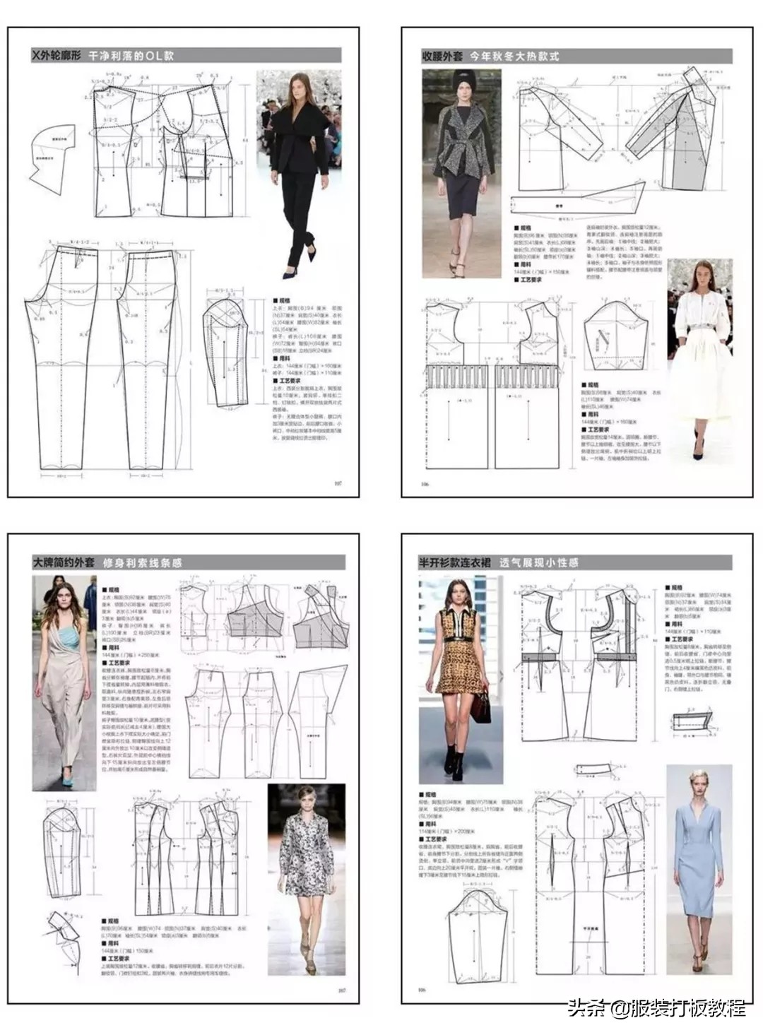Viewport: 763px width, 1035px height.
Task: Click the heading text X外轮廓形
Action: tap(57, 56)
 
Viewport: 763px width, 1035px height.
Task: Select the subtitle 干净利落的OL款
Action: tap(131, 56)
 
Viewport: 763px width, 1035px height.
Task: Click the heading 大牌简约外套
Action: tap(64, 562)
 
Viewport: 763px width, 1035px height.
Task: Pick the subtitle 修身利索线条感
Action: tap(142, 562)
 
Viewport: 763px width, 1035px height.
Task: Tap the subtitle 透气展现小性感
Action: tap(538, 562)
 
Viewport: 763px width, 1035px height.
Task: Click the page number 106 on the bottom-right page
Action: tap(422, 990)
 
